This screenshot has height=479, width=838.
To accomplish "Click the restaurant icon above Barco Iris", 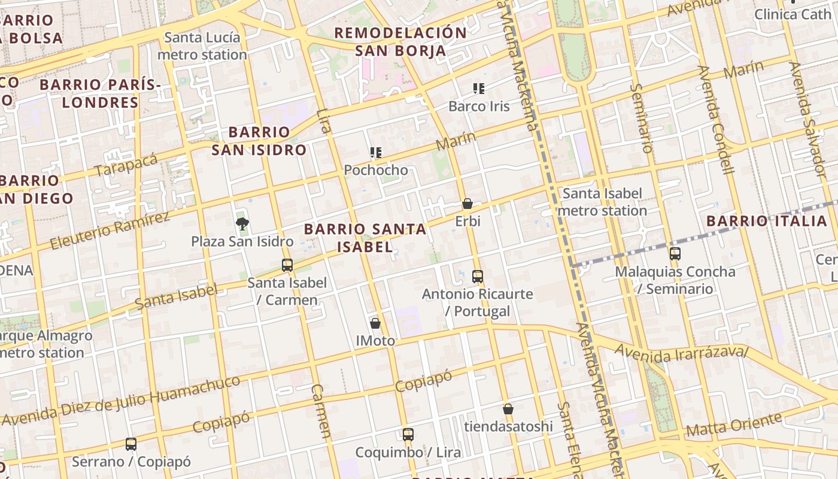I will tap(479, 89).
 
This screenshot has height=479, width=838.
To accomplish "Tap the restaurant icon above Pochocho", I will tap(376, 153).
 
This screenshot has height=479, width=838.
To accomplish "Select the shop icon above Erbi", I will tap(467, 204).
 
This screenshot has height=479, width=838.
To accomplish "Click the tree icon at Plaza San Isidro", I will tap(242, 224).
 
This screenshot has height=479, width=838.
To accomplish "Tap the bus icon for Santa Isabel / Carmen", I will tap(287, 265).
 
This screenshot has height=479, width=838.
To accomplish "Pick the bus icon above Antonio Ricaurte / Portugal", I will tap(478, 276).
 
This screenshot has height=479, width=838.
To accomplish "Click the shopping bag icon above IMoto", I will tap(375, 323).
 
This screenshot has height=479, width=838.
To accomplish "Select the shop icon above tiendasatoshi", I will tap(508, 409).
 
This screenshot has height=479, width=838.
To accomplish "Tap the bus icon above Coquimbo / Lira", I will tap(408, 434).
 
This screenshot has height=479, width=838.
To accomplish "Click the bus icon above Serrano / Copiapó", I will tap(131, 444).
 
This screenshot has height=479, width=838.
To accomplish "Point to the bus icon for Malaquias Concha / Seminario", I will tap(675, 253).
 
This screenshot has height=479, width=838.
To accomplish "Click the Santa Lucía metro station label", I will tap(202, 46).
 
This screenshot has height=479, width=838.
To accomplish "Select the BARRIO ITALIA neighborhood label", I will tap(767, 221).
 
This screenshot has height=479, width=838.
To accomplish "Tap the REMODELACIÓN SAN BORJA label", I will tap(400, 41).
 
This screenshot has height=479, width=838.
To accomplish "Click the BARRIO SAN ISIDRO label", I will tap(259, 141).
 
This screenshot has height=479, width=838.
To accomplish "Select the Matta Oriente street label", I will tap(733, 425).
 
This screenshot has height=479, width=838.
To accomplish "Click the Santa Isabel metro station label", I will tap(603, 202).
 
